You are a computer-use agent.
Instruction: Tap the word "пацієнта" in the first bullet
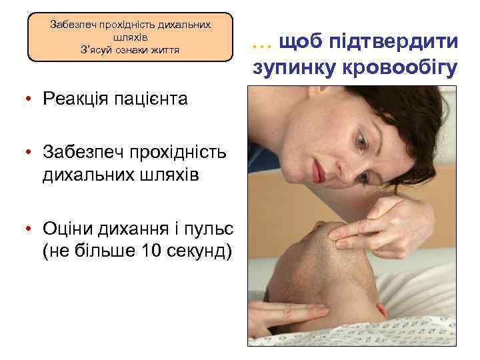(x=150, y=100)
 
